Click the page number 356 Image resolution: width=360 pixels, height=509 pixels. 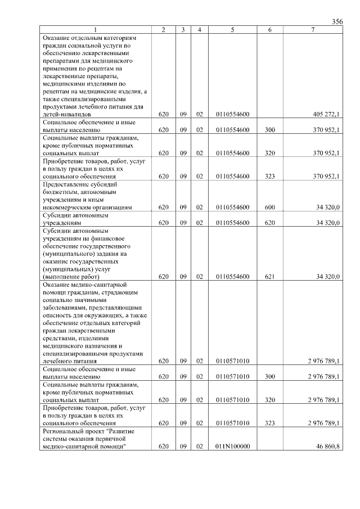(337, 21)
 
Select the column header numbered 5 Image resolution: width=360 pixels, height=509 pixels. (232, 30)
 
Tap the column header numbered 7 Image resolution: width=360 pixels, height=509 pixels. (312, 30)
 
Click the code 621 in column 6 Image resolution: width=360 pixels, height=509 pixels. (269, 276)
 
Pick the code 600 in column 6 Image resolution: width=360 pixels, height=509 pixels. (269, 207)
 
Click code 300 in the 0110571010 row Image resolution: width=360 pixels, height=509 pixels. (269, 376)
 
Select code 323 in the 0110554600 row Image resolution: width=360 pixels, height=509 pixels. (269, 176)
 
